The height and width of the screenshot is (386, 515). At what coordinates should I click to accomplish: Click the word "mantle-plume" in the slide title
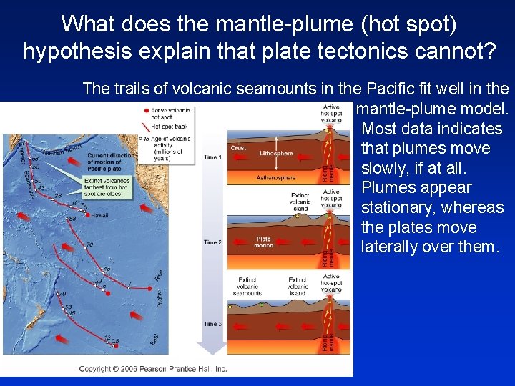pos(267,24)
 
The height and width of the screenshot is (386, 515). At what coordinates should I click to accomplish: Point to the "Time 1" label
pos(213,157)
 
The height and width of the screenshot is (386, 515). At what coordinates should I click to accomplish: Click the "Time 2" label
pos(213,242)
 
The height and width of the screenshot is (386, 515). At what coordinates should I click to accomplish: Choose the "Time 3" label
pos(213,324)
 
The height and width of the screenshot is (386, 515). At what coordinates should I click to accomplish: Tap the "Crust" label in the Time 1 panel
pos(239,148)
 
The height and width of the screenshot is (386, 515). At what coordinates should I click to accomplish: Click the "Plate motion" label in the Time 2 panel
pos(263,243)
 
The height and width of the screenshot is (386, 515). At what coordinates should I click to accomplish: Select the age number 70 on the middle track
pos(89,244)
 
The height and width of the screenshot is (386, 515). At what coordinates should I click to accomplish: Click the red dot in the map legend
pos(147,111)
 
